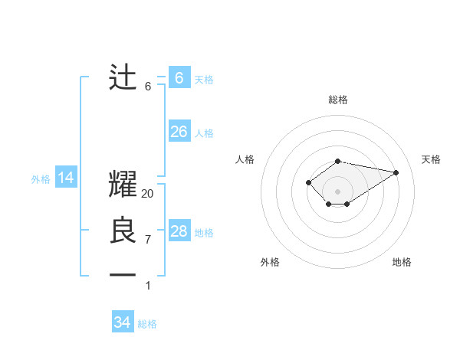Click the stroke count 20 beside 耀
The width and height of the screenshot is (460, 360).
point(148,194)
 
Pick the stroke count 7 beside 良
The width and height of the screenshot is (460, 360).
point(148,240)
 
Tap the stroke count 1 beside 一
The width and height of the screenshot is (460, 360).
point(148,286)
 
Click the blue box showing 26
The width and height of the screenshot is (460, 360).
point(179,132)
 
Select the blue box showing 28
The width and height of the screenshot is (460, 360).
point(179,231)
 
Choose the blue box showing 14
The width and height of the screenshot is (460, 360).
point(66,178)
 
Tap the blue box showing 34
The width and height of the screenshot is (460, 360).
point(123,322)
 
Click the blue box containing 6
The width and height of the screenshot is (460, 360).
point(179,78)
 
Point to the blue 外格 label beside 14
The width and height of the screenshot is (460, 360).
point(41,179)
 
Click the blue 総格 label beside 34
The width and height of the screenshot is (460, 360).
point(147,324)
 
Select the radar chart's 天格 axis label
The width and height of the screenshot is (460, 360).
point(432,159)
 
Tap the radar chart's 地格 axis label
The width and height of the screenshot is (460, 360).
point(402,262)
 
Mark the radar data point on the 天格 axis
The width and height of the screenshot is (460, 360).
point(396,172)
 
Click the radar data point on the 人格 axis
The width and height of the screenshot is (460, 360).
point(308,182)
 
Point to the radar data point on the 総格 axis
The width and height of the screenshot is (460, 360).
point(338,161)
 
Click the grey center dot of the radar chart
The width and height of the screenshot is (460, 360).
point(338,191)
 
